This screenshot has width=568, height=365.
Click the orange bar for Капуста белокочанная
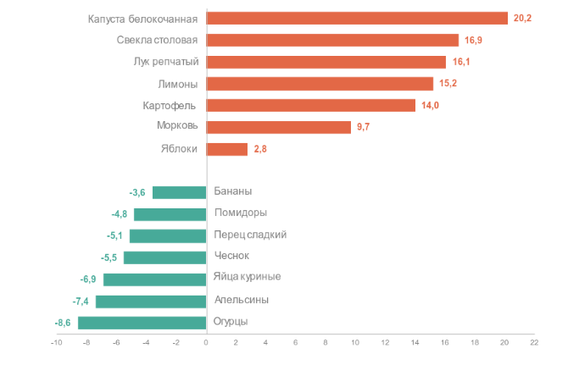357,19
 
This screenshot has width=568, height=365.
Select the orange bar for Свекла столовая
332,40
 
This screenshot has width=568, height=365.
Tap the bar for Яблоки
227,149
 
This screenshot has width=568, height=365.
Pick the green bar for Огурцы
142,323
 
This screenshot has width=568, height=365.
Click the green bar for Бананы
180,192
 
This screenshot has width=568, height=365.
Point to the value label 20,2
523,19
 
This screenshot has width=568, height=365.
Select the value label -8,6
64,323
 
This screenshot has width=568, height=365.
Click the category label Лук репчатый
166,62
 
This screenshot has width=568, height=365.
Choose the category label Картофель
170,105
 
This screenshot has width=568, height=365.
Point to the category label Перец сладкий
250,235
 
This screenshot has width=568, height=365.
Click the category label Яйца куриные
247,277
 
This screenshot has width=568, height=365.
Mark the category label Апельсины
242,299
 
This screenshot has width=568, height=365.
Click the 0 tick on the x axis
206,342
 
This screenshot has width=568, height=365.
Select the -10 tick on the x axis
56,342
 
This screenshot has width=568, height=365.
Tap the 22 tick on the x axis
534,342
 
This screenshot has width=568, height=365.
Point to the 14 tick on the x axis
415,342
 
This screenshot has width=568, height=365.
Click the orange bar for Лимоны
320,83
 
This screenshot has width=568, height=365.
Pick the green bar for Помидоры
170,214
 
